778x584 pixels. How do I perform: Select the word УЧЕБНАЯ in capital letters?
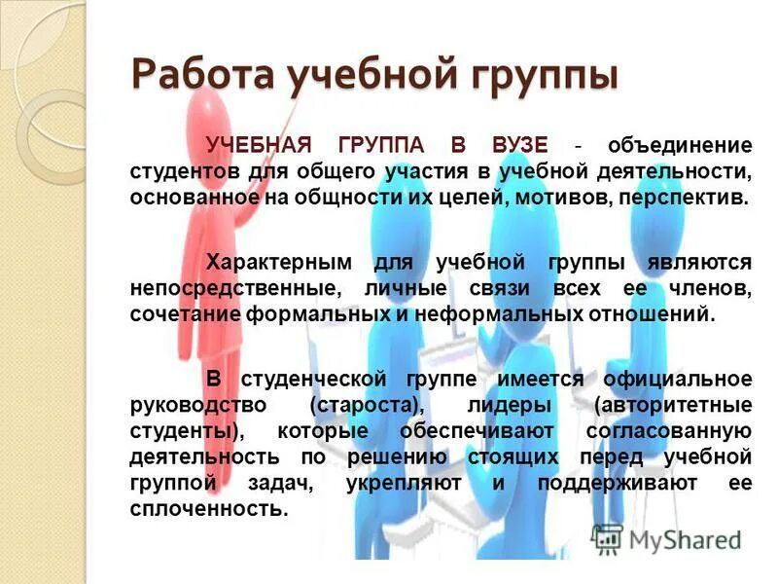[x=258, y=145]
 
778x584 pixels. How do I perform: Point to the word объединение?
[x=680, y=145]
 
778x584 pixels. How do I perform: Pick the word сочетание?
[x=183, y=314]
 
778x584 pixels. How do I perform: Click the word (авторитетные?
[x=671, y=404]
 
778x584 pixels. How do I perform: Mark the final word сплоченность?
[x=208, y=509]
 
